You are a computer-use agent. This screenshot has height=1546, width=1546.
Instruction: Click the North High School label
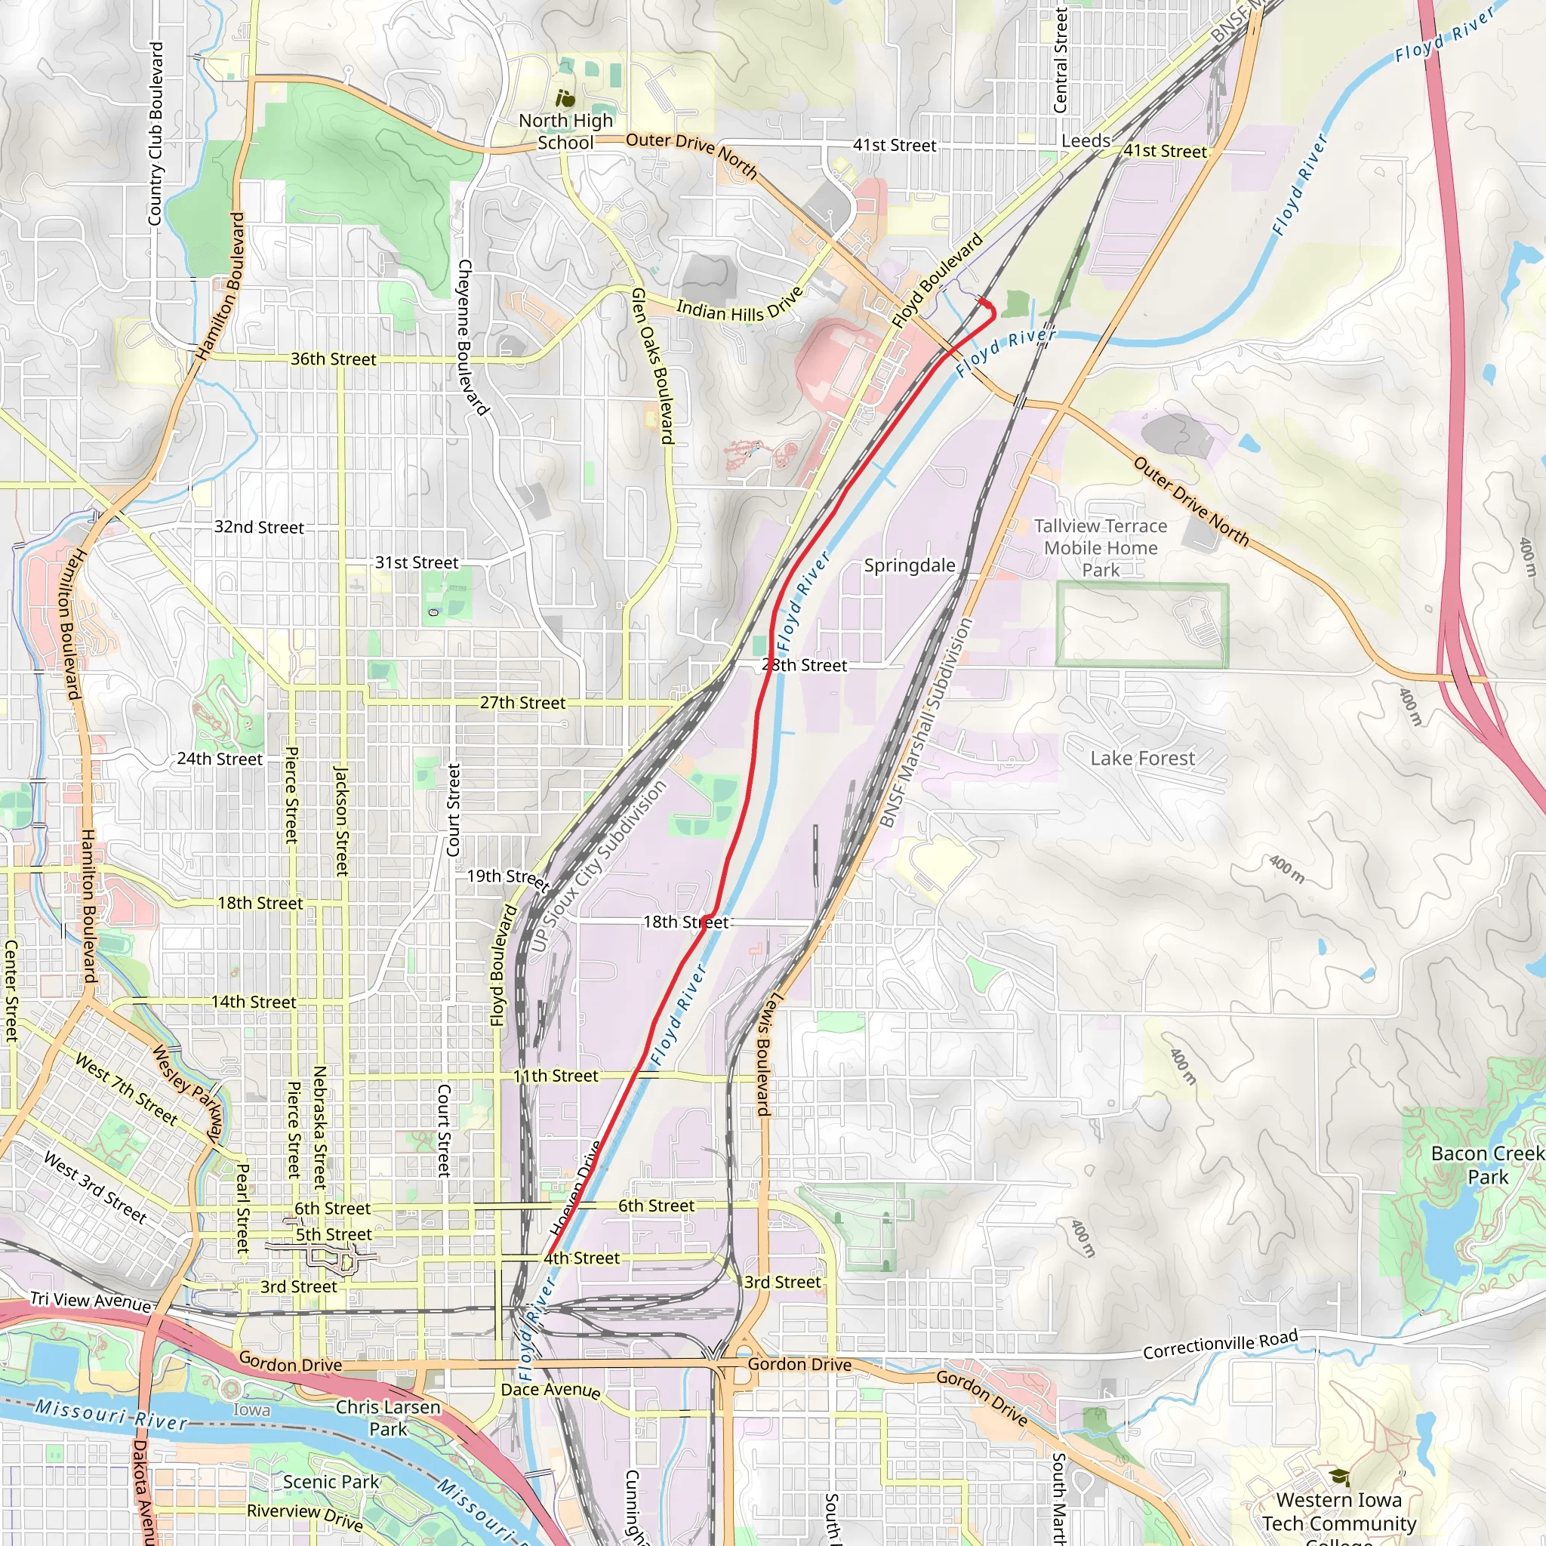[565, 132]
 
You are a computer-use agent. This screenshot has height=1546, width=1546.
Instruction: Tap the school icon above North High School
[565, 99]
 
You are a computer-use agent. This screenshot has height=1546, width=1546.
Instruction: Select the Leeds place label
[1085, 141]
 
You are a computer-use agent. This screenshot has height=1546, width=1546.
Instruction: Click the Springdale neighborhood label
[909, 565]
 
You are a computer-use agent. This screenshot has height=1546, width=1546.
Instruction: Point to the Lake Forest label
[1142, 758]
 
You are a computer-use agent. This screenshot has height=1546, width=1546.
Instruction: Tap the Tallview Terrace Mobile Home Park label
[1101, 548]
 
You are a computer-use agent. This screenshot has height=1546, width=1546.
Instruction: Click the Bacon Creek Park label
[1487, 1165]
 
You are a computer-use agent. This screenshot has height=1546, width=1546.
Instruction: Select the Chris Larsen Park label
[388, 1417]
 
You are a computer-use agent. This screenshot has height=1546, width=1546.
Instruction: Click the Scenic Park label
[331, 1481]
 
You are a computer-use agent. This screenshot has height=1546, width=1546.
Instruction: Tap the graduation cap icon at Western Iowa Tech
[1338, 1477]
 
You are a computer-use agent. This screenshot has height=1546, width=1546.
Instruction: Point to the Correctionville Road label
[1220, 1345]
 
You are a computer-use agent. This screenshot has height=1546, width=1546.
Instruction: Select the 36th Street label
[333, 359]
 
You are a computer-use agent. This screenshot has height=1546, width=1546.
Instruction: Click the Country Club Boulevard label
[156, 134]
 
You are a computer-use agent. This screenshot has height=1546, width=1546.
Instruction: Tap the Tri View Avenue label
[91, 1301]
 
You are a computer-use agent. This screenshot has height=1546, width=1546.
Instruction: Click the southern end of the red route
[547, 1255]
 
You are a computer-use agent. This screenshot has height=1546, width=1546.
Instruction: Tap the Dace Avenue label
[550, 1390]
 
